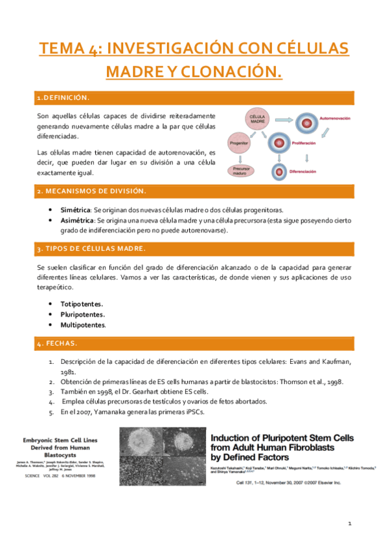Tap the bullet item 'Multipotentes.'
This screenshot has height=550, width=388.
click(x=83, y=325)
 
